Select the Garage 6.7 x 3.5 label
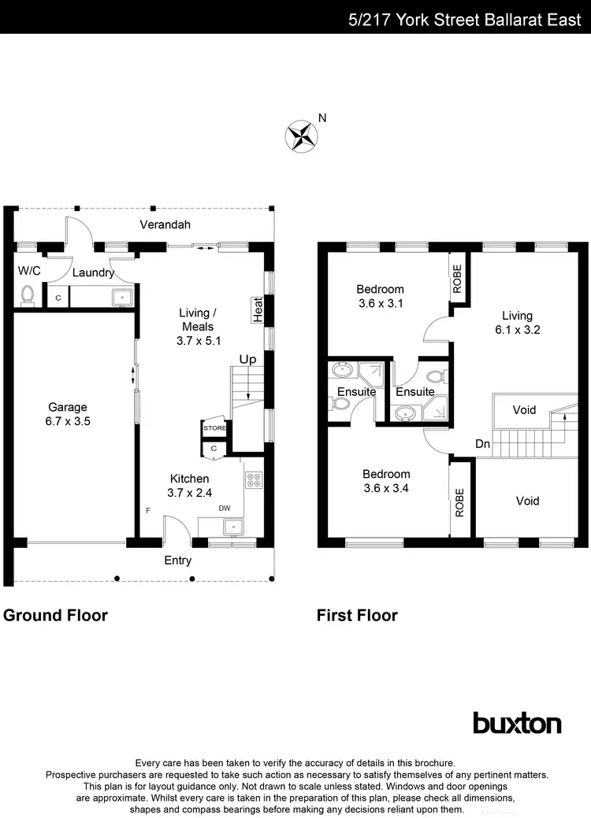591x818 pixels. (68, 414)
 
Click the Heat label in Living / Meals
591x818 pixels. (257, 309)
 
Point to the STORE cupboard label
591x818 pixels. (214, 428)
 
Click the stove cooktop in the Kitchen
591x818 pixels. (254, 479)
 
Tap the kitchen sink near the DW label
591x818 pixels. (233, 527)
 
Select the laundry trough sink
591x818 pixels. (122, 298)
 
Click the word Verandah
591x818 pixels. (165, 225)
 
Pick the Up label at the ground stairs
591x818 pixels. (247, 359)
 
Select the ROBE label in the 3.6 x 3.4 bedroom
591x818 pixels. (459, 502)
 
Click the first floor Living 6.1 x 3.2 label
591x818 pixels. (517, 322)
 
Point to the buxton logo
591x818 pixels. (517, 723)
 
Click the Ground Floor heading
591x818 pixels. (55, 615)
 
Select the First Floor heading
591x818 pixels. (357, 615)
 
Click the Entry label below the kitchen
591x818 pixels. (177, 561)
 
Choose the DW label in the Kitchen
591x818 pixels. (225, 508)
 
